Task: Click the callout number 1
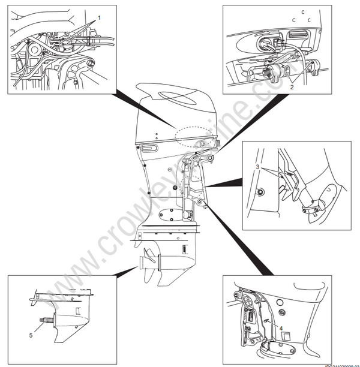100,18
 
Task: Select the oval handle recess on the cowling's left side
149,148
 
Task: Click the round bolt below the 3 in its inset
259,191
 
